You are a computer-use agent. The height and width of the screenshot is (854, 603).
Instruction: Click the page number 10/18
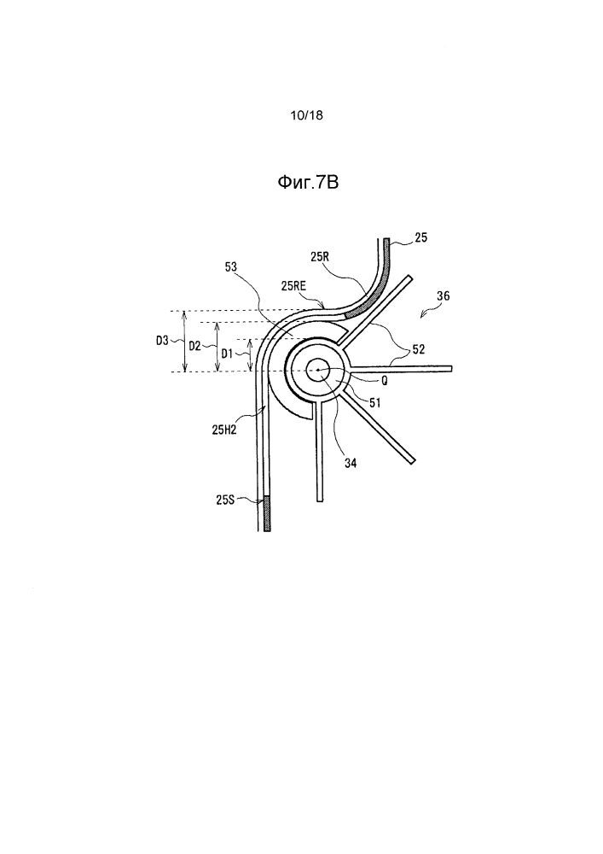coord(307,115)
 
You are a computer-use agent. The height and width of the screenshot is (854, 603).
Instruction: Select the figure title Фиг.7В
coord(308,183)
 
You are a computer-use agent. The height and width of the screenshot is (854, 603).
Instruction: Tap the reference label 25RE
coord(293,285)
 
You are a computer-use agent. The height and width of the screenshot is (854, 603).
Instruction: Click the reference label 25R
coord(320,257)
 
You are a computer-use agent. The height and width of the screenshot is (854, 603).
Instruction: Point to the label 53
coord(231,266)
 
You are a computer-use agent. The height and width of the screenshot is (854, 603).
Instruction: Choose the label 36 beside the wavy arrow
coord(444,295)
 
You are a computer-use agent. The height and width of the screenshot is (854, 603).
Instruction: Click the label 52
coord(418,349)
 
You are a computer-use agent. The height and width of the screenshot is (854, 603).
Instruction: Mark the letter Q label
coord(384,381)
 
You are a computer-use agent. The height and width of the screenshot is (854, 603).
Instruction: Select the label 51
coord(374,403)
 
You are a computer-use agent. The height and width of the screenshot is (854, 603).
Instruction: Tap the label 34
coord(351,463)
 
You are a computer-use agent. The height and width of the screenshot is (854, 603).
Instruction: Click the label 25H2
coord(224,430)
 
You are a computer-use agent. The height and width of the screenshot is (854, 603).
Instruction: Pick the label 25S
coord(225,499)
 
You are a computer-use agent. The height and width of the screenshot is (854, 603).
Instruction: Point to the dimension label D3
coord(162,342)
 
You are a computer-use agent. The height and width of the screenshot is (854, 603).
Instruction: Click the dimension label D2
coord(194,345)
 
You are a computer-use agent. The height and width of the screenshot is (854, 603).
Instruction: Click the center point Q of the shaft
coord(317,371)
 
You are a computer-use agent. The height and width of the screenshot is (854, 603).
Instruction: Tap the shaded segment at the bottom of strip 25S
coord(266,513)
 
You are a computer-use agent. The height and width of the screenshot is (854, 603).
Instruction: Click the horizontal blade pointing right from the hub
coord(400,369)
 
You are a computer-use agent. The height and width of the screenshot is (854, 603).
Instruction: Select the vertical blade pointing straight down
coord(320,451)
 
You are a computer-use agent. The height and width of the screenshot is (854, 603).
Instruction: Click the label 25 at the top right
coord(420,237)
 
